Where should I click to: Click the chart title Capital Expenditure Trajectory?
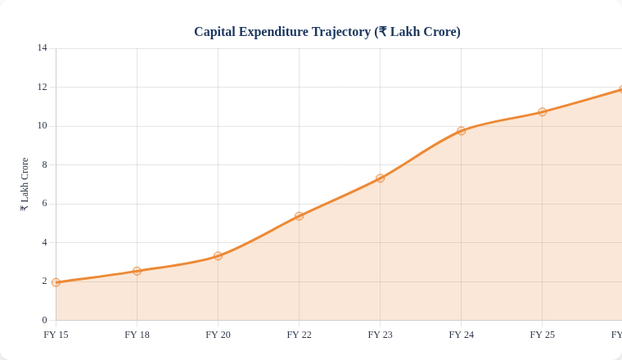[327, 32]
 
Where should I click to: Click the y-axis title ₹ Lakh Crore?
[25, 184]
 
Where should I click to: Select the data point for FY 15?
[56, 282]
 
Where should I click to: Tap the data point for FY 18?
[137, 271]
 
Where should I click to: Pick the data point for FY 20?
[218, 256]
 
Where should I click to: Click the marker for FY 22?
[299, 216]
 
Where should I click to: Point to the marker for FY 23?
[380, 178]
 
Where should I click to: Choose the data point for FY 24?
[461, 131]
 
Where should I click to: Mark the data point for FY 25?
[542, 112]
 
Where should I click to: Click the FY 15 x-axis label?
[56, 335]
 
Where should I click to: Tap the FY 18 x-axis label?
[137, 335]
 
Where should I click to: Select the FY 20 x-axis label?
[218, 335]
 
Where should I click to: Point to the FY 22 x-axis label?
[299, 335]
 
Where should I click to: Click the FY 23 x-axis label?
[380, 335]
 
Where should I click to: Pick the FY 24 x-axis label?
[461, 335]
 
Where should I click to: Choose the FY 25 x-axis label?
[542, 335]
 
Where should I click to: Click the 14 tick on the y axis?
[42, 48]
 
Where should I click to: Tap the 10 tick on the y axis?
[42, 126]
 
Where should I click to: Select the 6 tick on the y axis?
[44, 204]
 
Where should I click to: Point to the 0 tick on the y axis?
[44, 320]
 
